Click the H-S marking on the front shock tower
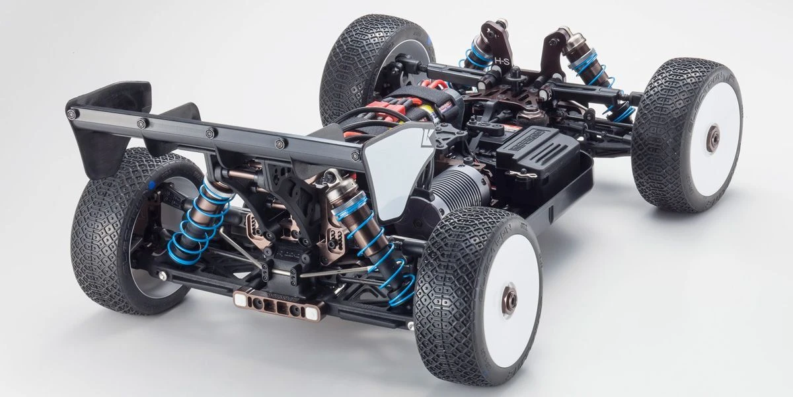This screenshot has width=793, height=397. click(502, 62)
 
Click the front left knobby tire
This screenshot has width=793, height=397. click(357, 60)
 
